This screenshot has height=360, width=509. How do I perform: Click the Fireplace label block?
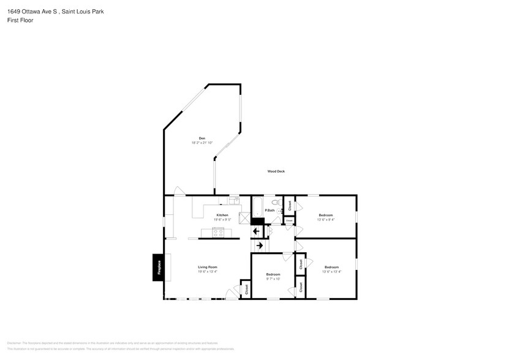(157, 267)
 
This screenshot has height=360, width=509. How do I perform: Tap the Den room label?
(202, 138)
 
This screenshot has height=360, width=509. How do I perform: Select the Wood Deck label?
(276, 171)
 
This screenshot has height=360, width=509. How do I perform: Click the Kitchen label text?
(222, 215)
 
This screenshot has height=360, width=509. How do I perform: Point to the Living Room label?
(207, 267)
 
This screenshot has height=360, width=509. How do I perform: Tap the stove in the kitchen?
(218, 232)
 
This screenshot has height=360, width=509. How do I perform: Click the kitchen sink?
(233, 200)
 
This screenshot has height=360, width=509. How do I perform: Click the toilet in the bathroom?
(276, 203)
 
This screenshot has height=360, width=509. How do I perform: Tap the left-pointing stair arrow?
(256, 231)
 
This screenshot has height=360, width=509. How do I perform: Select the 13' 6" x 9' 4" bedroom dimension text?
(325, 219)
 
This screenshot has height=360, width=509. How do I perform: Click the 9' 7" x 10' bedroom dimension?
(273, 279)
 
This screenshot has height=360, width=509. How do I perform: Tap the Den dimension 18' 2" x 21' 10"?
(202, 143)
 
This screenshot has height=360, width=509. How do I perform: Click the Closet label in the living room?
(246, 288)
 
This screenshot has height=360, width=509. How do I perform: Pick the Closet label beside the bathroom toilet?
(290, 206)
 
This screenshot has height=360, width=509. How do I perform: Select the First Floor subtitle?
(20, 20)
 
